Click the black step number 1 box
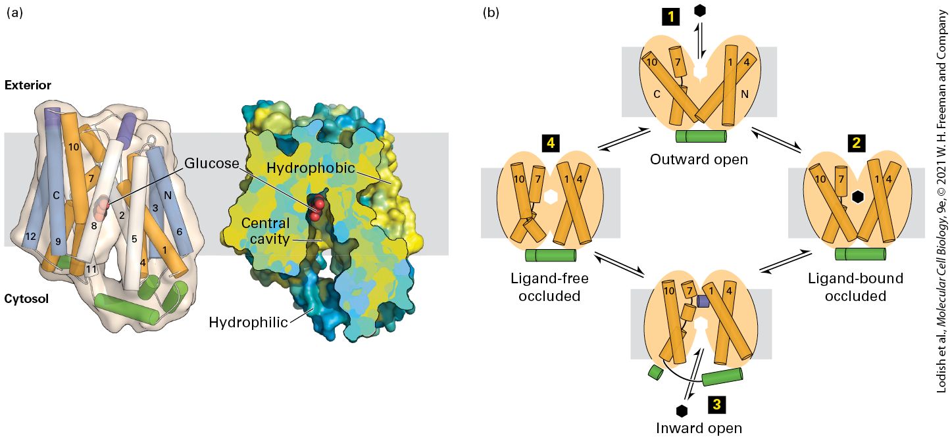tap(670, 17)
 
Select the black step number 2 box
tap(857, 143)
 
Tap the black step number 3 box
tap(716, 405)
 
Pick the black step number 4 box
tap(551, 143)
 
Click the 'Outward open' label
tap(699, 159)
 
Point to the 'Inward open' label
tap(699, 429)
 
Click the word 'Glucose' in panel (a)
tap(212, 164)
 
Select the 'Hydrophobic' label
tap(311, 168)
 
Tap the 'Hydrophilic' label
tap(249, 323)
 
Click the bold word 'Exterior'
tap(28, 85)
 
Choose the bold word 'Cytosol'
tap(26, 298)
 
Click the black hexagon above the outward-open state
tap(700, 11)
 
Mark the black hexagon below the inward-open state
tap(682, 411)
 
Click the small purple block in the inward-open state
tap(703, 301)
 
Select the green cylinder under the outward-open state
tap(701, 136)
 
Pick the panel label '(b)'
tap(491, 12)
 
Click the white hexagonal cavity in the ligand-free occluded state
tap(550, 197)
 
